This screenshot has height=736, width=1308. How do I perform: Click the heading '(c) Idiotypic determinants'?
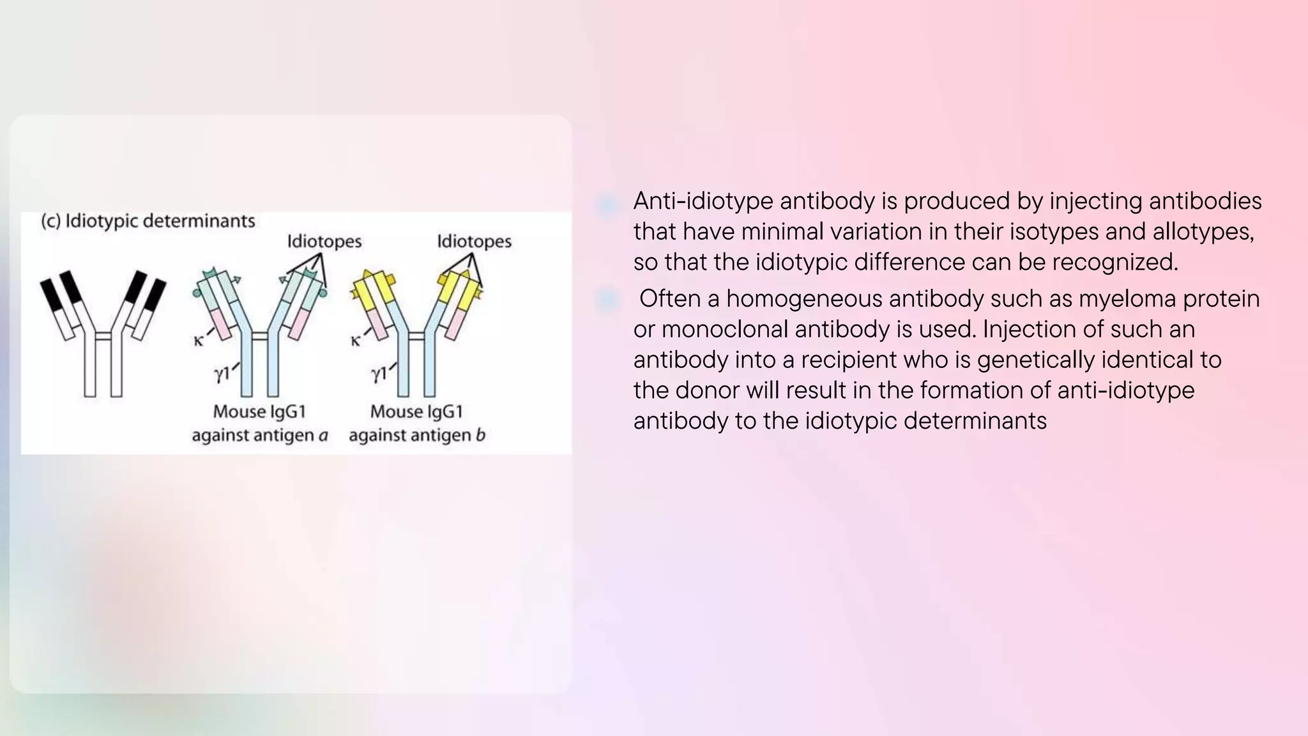coord(148,221)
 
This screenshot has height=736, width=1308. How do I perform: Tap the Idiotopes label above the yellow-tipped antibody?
coord(474,241)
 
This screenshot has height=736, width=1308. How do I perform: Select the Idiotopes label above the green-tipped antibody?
coord(324,241)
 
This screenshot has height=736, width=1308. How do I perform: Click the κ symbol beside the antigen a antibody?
coord(199,341)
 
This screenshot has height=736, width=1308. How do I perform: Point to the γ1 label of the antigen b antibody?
coord(379,374)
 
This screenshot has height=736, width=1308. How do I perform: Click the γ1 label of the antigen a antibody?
coord(222,374)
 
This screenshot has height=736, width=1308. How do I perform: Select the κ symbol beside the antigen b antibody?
coord(356,341)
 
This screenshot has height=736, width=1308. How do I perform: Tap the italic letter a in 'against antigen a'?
coord(323,436)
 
